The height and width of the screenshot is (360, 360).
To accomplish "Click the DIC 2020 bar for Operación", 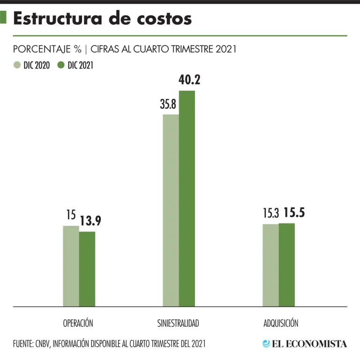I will [x=71, y=266].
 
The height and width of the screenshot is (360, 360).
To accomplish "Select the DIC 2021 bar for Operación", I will [x=87, y=269].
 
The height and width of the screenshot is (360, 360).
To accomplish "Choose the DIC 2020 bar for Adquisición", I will [x=270, y=265].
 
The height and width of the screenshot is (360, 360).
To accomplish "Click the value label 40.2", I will [x=189, y=80].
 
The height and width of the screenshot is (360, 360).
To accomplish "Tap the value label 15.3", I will [x=270, y=214].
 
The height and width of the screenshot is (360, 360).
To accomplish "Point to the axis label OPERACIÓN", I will [x=78, y=323].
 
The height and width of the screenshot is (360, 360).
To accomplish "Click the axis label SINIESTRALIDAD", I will [x=178, y=323].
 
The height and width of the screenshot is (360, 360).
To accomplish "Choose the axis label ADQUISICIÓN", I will [x=281, y=323].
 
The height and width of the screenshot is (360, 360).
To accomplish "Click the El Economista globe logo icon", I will [x=266, y=344].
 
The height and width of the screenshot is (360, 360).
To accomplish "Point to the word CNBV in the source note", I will [x=43, y=344].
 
